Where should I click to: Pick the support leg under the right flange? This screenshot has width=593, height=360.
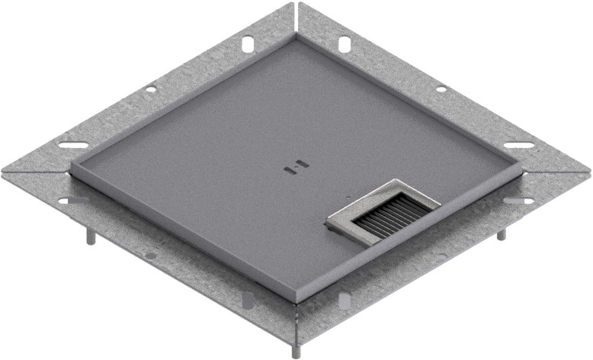501,233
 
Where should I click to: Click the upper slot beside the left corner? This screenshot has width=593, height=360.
73,146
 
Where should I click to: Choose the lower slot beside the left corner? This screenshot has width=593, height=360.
74,201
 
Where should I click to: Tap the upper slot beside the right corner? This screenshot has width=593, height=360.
518,145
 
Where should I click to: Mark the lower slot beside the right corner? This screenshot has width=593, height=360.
518,201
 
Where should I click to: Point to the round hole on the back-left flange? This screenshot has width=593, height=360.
151,89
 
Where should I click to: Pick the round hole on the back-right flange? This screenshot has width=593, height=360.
441,89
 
